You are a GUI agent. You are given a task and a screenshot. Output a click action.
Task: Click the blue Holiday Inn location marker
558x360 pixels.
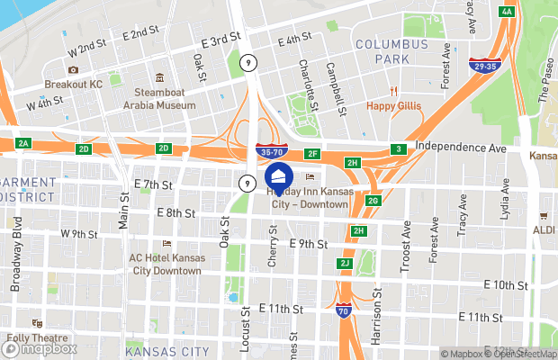pos(279,175)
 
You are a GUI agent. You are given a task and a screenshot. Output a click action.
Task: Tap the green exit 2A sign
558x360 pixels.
pos(23,143)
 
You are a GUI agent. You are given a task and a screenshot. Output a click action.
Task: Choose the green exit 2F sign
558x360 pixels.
pos(312,154)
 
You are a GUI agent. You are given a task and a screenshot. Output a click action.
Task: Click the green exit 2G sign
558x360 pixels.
pos(373,200)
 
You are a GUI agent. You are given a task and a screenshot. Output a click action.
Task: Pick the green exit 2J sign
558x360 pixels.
pos(344,263)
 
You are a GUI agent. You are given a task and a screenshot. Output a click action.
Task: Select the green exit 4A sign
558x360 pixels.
pos(508,12)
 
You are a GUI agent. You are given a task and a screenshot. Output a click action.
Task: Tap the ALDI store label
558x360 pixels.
pos(543,230)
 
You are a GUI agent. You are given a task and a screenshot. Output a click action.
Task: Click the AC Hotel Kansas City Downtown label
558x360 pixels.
pos(166,264)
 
